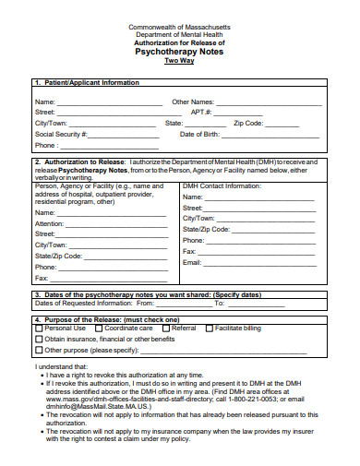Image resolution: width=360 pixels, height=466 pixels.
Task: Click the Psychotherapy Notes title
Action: click(x=180, y=52)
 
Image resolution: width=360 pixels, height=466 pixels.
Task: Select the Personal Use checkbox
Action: click(x=39, y=328)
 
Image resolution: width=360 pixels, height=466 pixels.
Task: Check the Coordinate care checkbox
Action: click(x=98, y=328)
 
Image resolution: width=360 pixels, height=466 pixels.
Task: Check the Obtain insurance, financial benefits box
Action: click(x=39, y=339)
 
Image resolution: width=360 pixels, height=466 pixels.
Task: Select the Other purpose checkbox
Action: click(x=39, y=350)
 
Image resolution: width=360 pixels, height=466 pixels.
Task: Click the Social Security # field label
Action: click(x=61, y=134)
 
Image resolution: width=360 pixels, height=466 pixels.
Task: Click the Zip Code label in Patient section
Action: click(x=248, y=123)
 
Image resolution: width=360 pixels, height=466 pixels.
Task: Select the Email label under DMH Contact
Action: click(x=192, y=263)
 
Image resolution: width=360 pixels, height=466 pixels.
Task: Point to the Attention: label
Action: click(x=50, y=223)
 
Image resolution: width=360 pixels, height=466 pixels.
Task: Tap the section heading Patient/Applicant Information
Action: click(x=90, y=82)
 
